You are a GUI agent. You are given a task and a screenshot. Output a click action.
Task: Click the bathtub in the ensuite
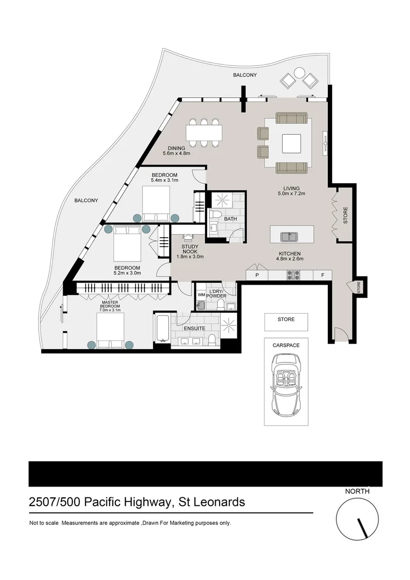click(x=162, y=329)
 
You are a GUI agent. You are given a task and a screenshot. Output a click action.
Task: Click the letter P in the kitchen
click(x=257, y=275)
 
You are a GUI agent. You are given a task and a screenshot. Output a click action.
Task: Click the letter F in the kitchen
click(x=322, y=275)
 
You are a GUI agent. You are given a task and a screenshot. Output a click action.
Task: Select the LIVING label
click(x=291, y=188)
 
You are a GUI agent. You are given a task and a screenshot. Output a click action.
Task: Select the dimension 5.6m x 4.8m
click(x=177, y=154)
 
